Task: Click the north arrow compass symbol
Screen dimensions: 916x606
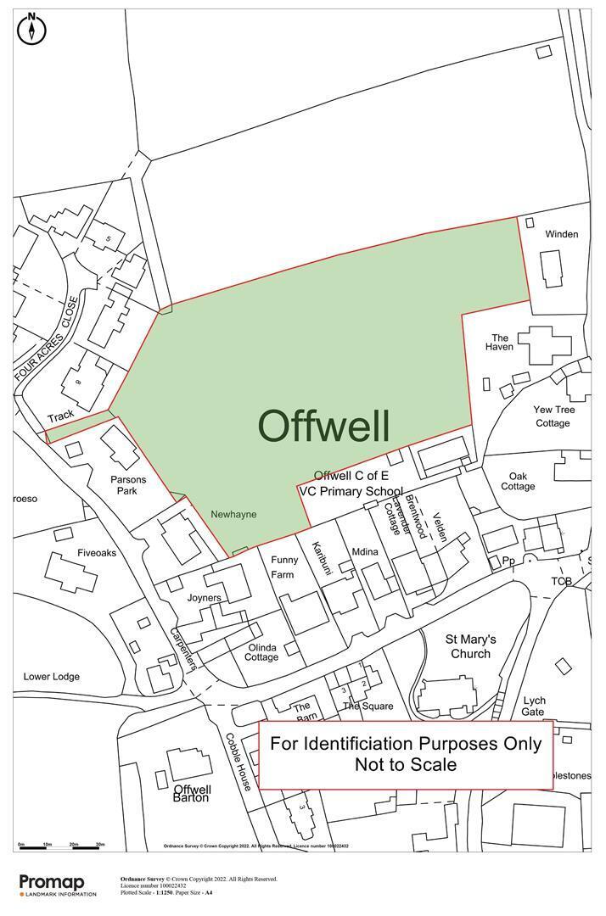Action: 32,29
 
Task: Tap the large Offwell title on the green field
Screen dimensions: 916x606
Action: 323,426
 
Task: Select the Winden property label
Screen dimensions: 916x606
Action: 561,234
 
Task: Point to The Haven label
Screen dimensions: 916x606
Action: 499,342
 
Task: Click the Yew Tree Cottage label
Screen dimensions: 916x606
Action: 553,416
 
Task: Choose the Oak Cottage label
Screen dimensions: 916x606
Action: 518,482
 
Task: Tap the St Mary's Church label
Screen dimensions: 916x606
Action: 471,646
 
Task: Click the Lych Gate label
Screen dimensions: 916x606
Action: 534,706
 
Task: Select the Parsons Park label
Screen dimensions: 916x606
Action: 128,485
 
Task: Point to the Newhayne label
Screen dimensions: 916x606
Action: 233,514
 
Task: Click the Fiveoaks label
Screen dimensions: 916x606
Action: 97,553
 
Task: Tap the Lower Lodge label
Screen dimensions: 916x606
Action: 52,676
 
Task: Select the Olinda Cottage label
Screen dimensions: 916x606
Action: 262,651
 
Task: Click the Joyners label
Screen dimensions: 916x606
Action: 204,598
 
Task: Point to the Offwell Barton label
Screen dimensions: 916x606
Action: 191,793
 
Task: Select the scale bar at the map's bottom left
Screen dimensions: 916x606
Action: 61,846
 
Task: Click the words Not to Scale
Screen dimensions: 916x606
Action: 406,765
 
